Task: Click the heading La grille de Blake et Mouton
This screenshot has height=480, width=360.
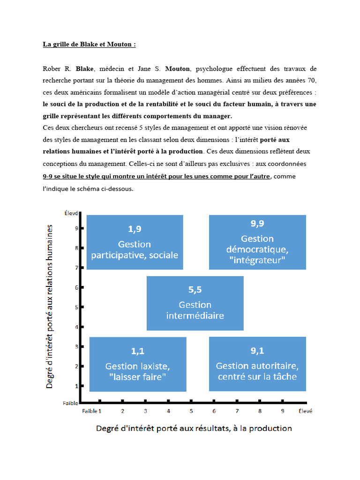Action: coord(89,45)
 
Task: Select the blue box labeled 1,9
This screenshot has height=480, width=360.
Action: coord(135,242)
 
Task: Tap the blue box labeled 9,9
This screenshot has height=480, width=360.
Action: coord(257,242)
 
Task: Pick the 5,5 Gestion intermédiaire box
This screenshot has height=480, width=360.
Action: coord(195,303)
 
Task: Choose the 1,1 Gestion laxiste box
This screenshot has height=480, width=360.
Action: coord(137,364)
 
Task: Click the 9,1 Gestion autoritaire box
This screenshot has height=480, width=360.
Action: coord(257,364)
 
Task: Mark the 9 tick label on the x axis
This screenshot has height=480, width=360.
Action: coord(282,411)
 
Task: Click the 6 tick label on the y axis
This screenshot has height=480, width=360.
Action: coord(77,287)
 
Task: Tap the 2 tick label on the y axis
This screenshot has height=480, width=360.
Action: coord(77,366)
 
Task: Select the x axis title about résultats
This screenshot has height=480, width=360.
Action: coord(194,428)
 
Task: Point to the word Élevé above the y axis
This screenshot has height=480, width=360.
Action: coord(71,213)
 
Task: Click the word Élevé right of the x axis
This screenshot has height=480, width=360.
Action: coord(305,411)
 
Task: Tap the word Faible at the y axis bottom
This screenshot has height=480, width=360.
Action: coord(71,403)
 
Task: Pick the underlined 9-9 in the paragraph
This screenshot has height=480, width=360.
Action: coord(49,176)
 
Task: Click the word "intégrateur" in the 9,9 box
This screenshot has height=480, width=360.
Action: coord(257,261)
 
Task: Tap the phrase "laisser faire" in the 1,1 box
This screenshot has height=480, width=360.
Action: coord(137,376)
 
